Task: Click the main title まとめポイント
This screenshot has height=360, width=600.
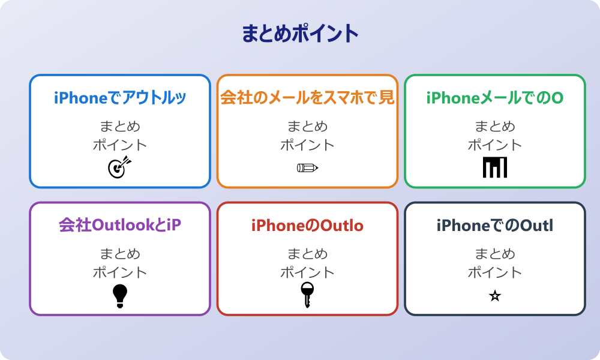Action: click(x=300, y=34)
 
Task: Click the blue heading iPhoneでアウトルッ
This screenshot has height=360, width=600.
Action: click(x=120, y=98)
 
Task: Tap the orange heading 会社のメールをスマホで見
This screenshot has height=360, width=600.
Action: click(x=307, y=98)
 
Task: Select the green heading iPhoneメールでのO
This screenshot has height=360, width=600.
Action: click(x=495, y=98)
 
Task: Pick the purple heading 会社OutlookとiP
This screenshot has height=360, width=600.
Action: click(x=120, y=225)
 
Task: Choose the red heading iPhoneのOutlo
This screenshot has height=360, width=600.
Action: click(x=307, y=226)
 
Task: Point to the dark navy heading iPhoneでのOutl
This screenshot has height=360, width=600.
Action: click(x=495, y=226)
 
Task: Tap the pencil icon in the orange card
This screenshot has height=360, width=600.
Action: click(x=307, y=167)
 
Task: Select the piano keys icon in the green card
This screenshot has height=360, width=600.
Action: click(x=495, y=167)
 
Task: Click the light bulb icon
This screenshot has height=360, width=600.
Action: click(x=120, y=295)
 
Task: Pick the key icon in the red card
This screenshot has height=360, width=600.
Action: click(x=307, y=295)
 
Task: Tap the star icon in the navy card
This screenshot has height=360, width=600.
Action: click(x=495, y=296)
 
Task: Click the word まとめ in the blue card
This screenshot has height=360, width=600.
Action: click(x=120, y=127)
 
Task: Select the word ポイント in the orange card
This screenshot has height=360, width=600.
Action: click(x=307, y=145)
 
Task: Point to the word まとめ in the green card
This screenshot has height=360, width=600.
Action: click(x=495, y=127)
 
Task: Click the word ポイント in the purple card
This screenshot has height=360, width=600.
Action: click(x=120, y=272)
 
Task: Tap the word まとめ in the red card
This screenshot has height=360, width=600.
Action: click(x=307, y=254)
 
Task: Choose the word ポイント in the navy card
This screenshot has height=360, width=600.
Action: click(x=495, y=272)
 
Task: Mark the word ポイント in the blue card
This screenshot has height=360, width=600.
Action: click(x=120, y=145)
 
